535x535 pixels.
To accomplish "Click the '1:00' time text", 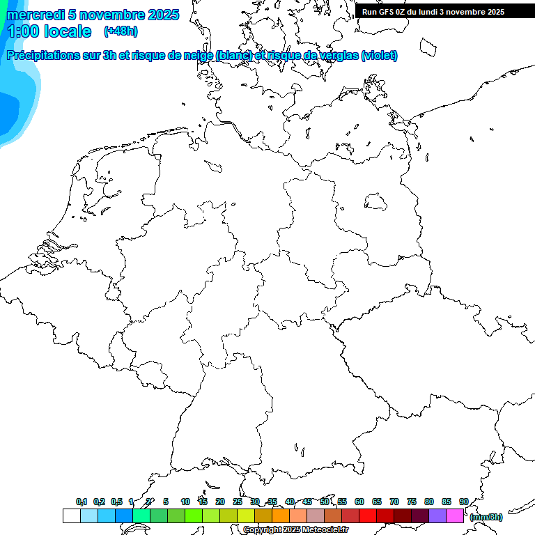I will (x=23, y=31).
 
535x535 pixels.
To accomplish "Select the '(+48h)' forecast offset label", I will (x=121, y=31).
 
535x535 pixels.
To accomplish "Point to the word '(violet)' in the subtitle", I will (x=380, y=55).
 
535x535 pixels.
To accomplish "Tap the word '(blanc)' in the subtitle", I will (x=233, y=55).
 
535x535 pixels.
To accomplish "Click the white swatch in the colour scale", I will (x=71, y=515).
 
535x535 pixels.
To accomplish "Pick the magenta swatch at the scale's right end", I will (x=455, y=515).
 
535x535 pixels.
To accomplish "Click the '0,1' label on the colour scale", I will (x=82, y=502).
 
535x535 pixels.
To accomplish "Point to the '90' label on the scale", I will (x=464, y=502).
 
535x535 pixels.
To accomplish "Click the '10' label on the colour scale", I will (x=185, y=502).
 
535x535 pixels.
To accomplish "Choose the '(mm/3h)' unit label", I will (x=486, y=517).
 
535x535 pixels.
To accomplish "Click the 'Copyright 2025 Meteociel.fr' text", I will (x=295, y=529).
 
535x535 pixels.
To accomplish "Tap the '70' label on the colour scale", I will (x=394, y=502).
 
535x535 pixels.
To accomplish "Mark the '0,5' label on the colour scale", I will (x=116, y=502).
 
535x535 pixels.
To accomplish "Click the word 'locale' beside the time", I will (x=68, y=31).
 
